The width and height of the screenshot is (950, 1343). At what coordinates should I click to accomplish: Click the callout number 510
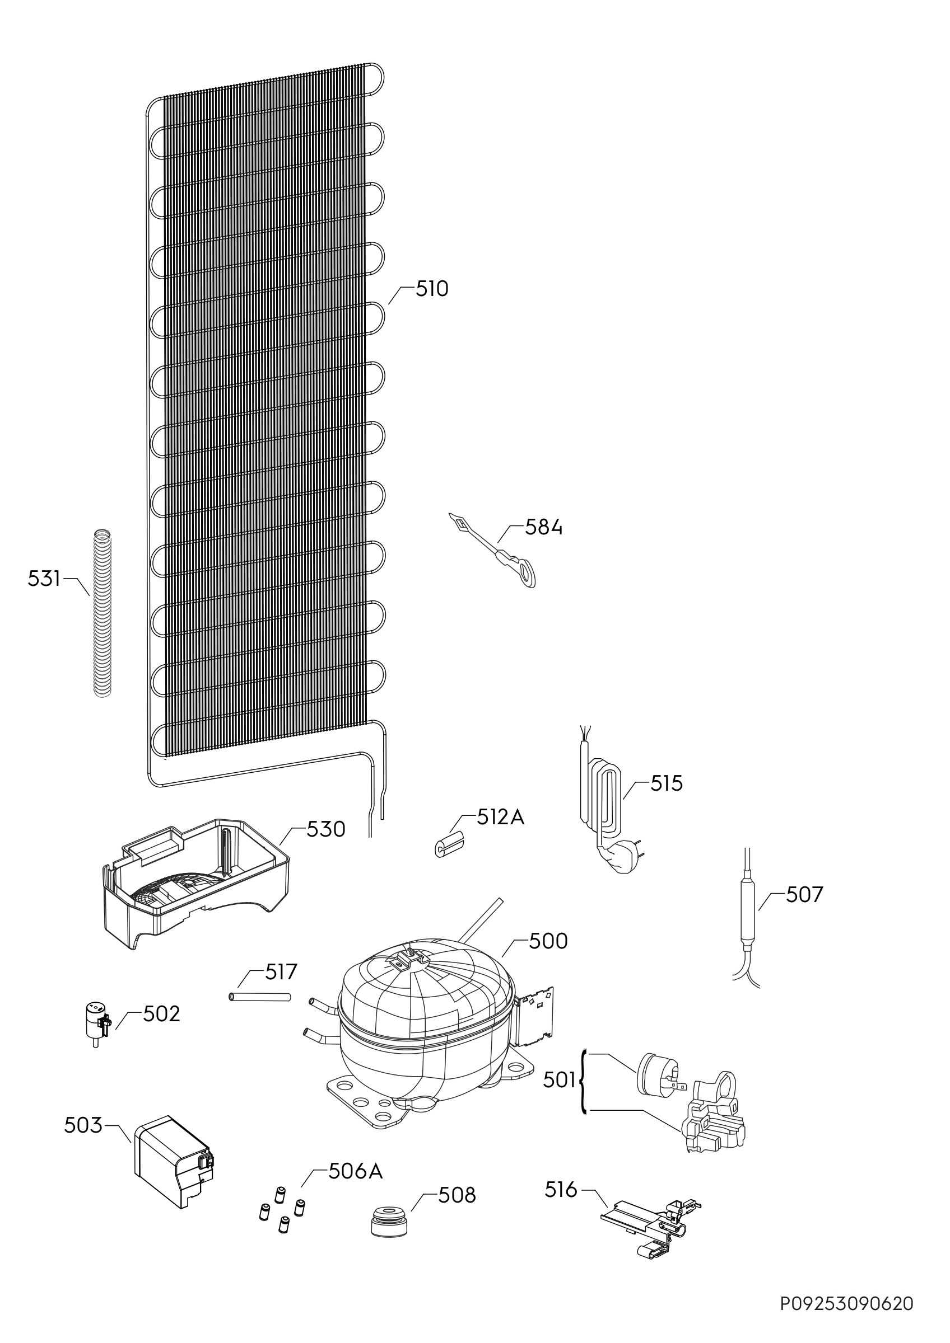coord(432,289)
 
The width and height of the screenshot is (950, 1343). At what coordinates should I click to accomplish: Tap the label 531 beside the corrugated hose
coord(44,579)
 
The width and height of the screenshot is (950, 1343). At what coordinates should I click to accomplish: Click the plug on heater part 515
coord(621,860)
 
